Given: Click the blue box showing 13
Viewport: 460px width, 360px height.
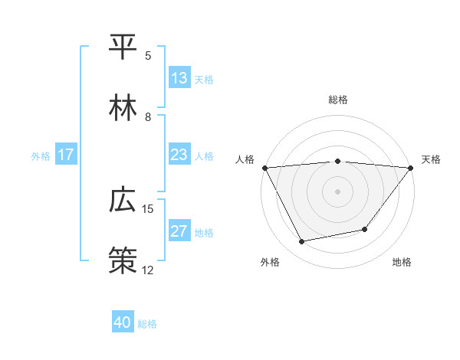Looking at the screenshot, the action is point(179,78).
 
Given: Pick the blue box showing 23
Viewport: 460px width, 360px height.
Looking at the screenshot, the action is point(179,155).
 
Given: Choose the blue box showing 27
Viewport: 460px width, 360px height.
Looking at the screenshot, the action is point(179,231).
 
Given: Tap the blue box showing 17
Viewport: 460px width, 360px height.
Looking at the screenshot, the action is point(66,155).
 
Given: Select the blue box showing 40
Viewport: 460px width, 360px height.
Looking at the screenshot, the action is point(123,322).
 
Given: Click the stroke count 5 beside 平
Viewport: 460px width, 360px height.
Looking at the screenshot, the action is point(148,56).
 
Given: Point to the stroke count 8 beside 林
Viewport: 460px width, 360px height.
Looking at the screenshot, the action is point(148,117).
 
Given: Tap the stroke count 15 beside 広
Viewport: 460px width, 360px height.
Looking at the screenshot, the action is point(148,209).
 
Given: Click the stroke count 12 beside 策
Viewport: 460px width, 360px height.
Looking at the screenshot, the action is point(148,270).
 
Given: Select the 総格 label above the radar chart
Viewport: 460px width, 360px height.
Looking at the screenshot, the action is point(338,100).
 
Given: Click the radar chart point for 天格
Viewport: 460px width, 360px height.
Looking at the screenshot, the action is point(412,168).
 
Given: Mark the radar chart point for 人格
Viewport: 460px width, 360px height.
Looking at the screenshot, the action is point(264,168).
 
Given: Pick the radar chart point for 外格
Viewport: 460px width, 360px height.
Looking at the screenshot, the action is point(302,242).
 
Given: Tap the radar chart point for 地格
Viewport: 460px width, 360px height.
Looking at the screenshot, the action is point(366,229).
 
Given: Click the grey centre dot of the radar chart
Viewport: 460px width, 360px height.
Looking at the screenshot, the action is point(338,191).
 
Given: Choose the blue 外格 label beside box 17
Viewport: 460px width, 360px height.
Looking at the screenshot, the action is point(41,155).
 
